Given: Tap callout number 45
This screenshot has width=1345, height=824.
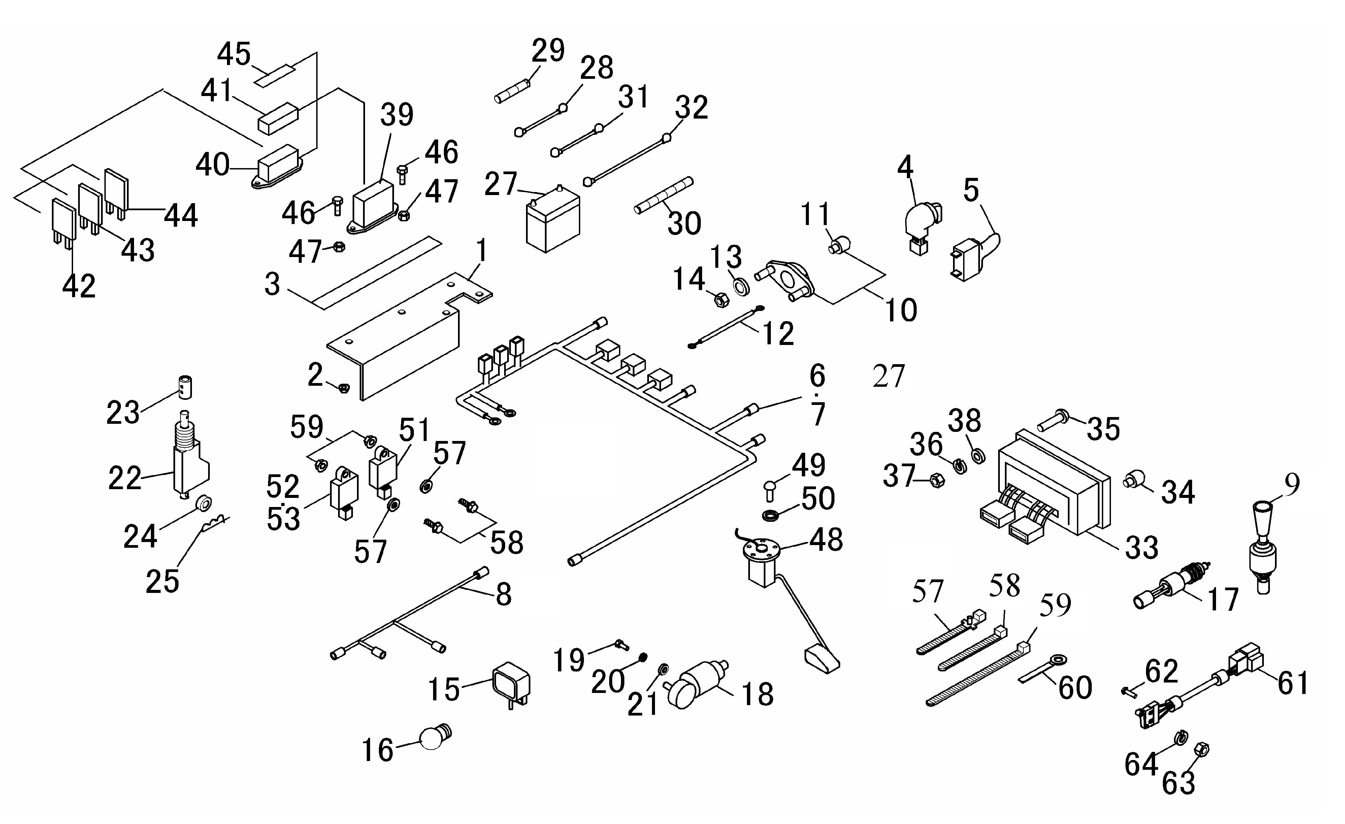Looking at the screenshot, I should click(234, 55).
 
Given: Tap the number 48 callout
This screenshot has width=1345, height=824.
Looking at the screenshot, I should click(826, 539).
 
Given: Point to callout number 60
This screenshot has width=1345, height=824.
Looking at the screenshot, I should click(1075, 688).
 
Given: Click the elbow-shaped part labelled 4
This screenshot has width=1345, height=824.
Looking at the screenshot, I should click(921, 224).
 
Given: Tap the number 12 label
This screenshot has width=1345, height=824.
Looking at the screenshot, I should click(778, 333).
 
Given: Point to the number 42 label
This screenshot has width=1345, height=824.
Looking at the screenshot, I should click(79, 286).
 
